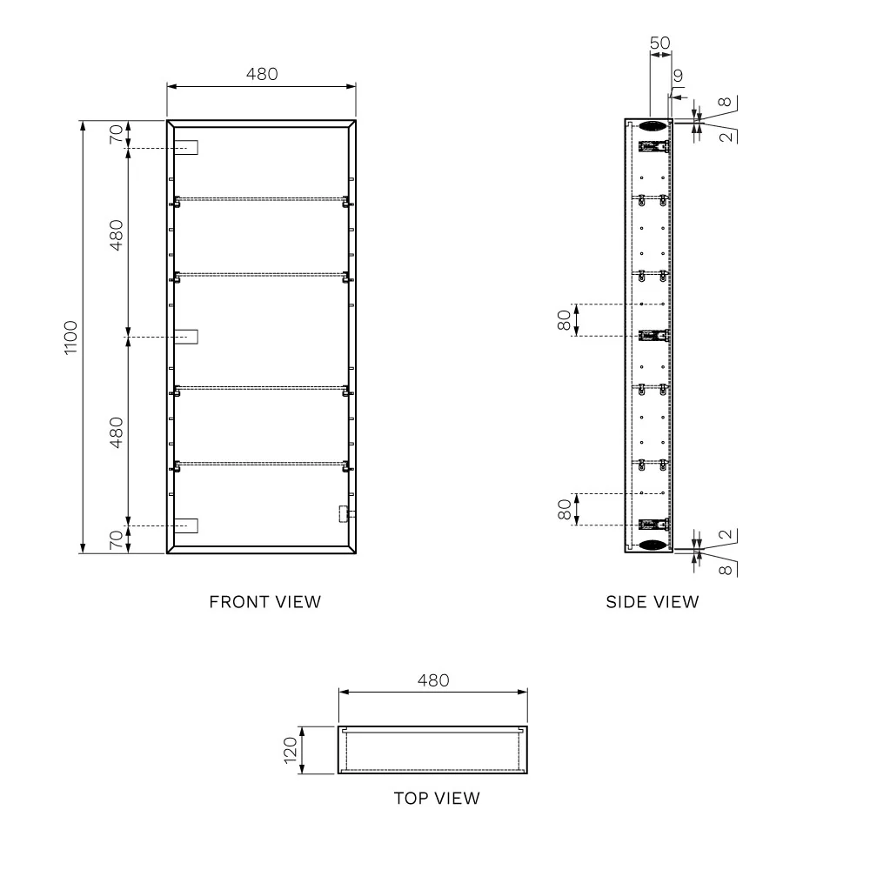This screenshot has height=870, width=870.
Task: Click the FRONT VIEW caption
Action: (x=264, y=602)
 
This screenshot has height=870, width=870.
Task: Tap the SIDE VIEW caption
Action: (x=652, y=602)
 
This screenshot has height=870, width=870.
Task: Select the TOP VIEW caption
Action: (x=437, y=799)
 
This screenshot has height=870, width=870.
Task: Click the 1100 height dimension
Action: (x=70, y=338)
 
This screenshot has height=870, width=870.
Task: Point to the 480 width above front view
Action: (x=262, y=74)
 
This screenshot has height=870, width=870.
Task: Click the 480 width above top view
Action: (x=433, y=680)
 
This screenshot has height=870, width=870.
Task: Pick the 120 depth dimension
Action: (x=291, y=750)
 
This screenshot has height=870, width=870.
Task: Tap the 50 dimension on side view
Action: (x=659, y=43)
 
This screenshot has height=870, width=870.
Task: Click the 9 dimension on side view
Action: (x=678, y=76)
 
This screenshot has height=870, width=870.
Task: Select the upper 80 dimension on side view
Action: (x=564, y=320)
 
